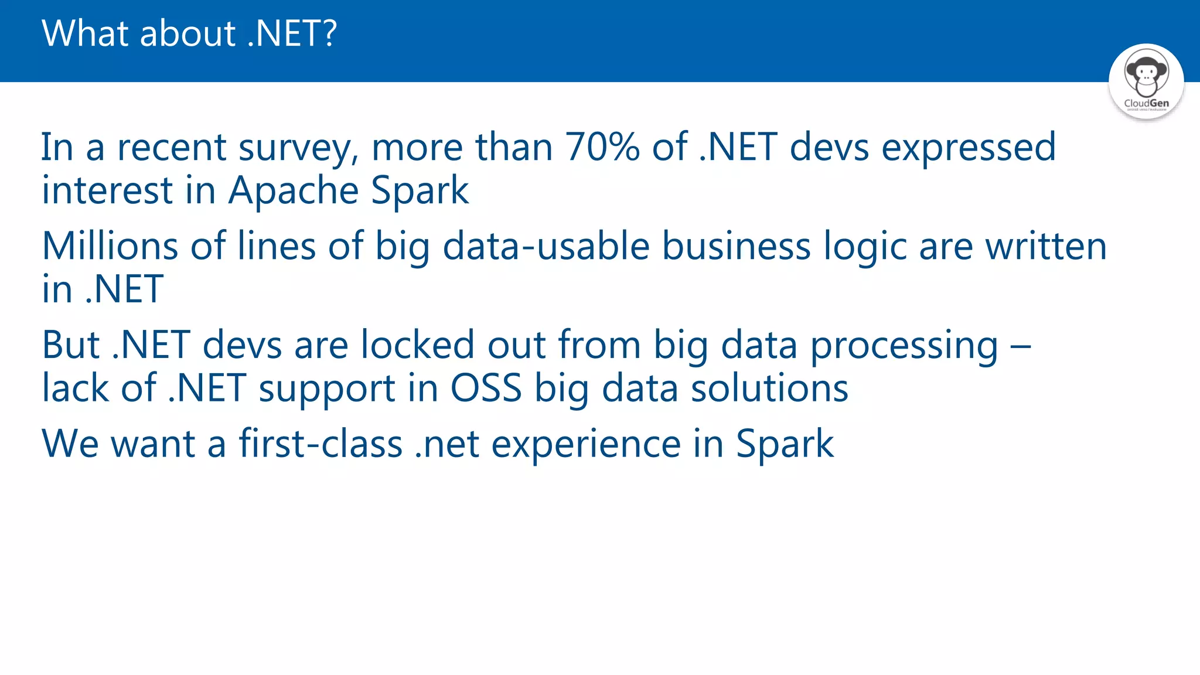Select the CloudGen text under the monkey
[1146, 103]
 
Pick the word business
[736, 246]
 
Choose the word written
[1046, 246]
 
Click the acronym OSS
[486, 388]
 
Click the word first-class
[321, 444]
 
